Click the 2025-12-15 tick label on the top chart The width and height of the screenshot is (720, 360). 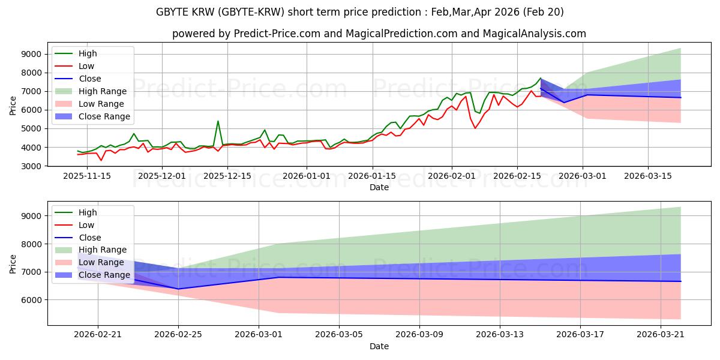click(x=227, y=176)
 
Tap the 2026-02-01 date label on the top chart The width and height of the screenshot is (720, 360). click(x=452, y=176)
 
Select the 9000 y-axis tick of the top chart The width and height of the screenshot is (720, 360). click(x=31, y=54)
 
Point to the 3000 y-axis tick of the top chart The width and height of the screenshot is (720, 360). click(x=31, y=166)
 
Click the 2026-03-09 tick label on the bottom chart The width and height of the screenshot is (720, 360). click(x=419, y=335)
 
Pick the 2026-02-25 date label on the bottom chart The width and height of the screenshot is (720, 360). click(x=178, y=335)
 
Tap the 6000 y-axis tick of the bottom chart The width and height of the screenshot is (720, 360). click(x=31, y=300)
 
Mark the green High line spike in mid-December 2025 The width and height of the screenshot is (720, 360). click(x=218, y=121)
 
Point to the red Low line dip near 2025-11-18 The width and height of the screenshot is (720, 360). click(x=101, y=160)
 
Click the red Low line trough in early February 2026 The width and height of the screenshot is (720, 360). click(x=475, y=128)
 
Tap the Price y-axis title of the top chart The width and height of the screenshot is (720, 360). click(x=13, y=106)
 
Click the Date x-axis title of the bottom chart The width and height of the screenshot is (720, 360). click(x=379, y=347)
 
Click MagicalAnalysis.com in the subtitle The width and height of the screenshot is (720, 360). click(x=535, y=34)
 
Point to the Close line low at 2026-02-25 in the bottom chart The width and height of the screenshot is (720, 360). click(x=178, y=289)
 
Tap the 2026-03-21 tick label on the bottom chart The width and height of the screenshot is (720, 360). click(x=661, y=335)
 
